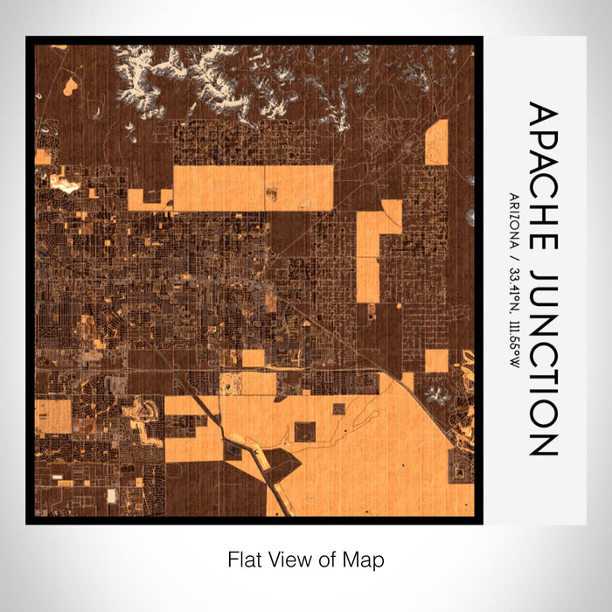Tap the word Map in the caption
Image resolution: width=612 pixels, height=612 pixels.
pyautogui.click(x=365, y=559)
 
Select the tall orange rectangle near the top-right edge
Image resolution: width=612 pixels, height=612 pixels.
pyautogui.click(x=436, y=142)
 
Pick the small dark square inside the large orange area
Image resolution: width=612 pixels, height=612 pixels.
pyautogui.click(x=304, y=431)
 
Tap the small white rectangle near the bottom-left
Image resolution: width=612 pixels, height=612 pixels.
pyautogui.click(x=110, y=495)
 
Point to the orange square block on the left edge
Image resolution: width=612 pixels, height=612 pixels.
pyautogui.click(x=53, y=416)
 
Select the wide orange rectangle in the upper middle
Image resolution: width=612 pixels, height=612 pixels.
pyautogui.click(x=254, y=187)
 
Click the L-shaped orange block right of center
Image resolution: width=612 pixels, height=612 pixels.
pyautogui.click(x=374, y=245)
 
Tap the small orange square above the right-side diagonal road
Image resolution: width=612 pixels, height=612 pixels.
pyautogui.click(x=435, y=360)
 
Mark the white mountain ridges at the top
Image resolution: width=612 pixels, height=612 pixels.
pyautogui.click(x=192, y=74)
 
